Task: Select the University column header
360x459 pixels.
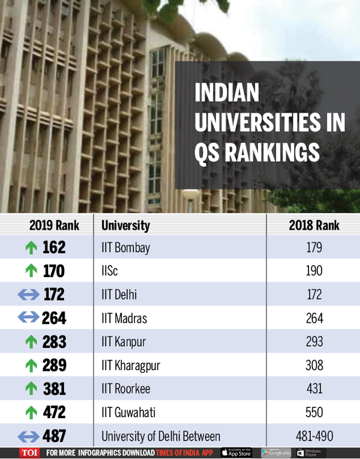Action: [125, 226]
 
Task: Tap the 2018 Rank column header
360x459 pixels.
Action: [314, 226]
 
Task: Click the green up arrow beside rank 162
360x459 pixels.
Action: [31, 247]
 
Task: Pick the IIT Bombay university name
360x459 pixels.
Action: [127, 247]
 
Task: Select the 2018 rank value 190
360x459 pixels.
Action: [314, 271]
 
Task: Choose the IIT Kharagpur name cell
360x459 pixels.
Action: [131, 365]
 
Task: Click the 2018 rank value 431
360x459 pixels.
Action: [314, 389]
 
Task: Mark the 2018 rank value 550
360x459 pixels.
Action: [314, 412]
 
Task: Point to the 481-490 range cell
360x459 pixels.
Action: [314, 436]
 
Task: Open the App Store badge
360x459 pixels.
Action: [236, 452]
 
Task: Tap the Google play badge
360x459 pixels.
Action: [276, 452]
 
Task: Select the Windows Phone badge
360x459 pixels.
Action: [310, 452]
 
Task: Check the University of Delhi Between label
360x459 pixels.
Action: [161, 436]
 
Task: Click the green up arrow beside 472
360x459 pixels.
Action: [31, 412]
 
